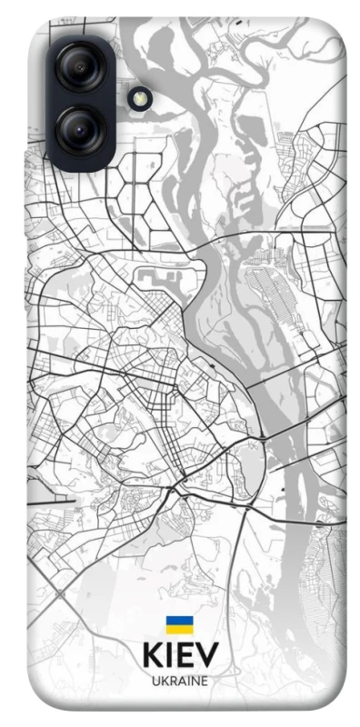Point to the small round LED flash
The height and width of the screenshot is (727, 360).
(139, 98)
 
